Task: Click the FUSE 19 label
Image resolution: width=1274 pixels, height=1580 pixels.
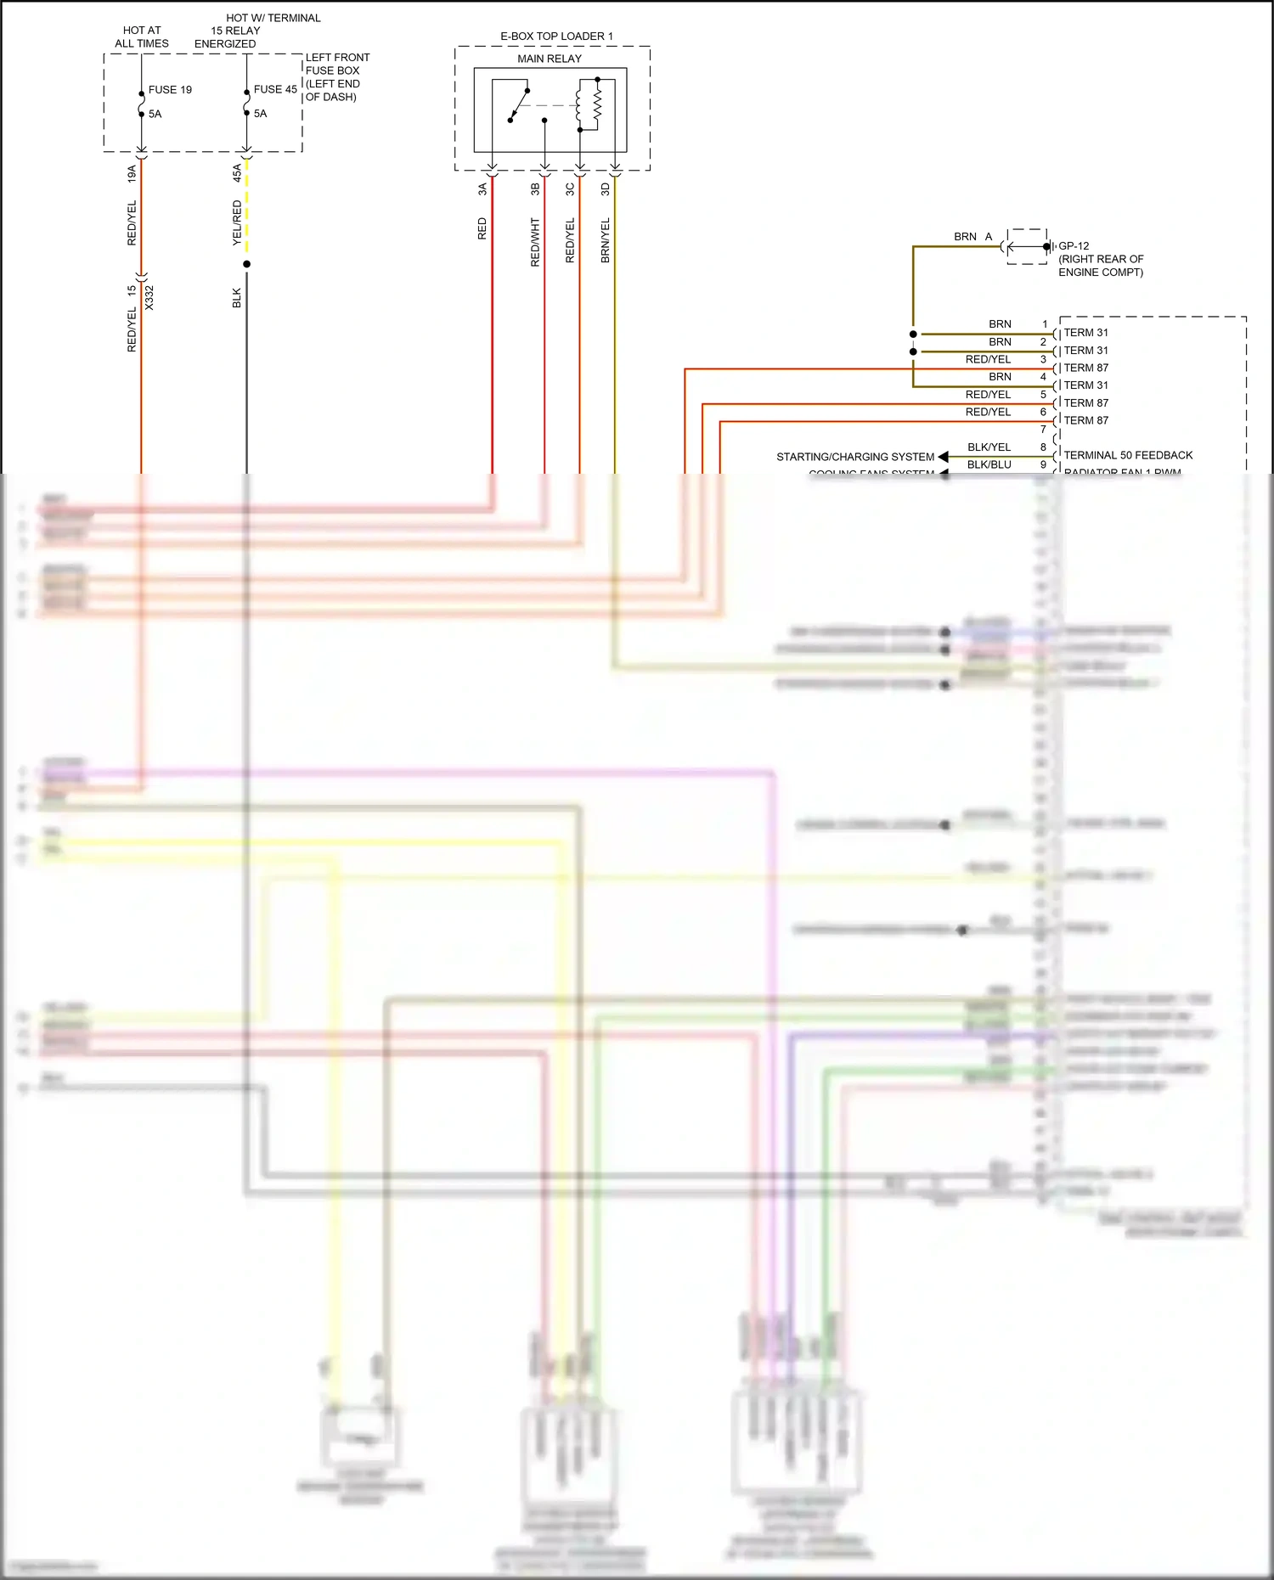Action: click(x=170, y=90)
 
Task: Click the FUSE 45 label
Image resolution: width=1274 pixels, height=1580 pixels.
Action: click(x=275, y=90)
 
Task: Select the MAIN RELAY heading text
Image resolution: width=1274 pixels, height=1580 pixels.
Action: click(x=550, y=59)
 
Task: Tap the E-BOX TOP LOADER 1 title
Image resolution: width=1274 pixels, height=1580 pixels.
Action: click(x=556, y=37)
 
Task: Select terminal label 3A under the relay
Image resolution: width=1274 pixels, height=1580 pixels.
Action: click(x=482, y=189)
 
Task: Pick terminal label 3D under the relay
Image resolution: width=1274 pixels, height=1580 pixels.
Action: click(x=606, y=189)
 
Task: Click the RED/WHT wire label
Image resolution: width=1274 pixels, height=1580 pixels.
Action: click(x=535, y=242)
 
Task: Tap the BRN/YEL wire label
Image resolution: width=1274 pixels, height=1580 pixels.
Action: click(x=606, y=240)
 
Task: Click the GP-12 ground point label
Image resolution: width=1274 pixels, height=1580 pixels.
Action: click(x=1074, y=246)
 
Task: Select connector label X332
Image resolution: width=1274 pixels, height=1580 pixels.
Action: click(x=149, y=298)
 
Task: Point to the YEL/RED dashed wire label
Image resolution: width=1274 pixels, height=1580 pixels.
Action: click(x=237, y=223)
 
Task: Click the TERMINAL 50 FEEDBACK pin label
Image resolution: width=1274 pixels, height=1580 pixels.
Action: click(x=1128, y=456)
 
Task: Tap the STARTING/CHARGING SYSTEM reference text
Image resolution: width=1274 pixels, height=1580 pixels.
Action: click(x=854, y=457)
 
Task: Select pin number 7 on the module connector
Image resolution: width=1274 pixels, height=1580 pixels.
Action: click(x=1043, y=430)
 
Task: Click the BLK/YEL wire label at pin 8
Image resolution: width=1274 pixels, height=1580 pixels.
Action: click(x=989, y=447)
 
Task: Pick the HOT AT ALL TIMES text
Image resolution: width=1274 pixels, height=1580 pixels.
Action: click(x=142, y=37)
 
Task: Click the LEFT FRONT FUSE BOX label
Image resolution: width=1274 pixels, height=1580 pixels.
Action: click(x=337, y=76)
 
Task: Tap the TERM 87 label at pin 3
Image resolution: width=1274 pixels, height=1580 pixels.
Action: click(x=1085, y=368)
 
